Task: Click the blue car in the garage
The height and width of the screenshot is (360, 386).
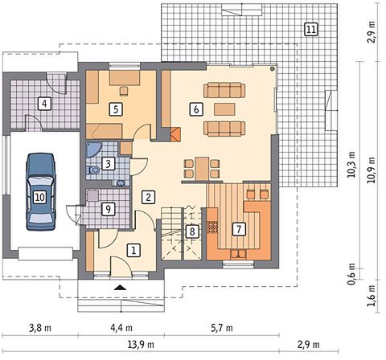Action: click(x=41, y=192)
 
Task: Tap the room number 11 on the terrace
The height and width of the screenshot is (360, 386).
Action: click(x=310, y=29)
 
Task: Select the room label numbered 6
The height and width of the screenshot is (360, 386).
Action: click(x=196, y=109)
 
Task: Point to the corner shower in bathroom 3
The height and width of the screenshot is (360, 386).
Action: click(x=92, y=149)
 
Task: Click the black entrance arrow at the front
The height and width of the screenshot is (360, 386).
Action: click(x=120, y=288)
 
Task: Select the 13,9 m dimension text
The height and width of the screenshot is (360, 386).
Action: click(x=142, y=344)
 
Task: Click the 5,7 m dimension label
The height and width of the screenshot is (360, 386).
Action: click(x=222, y=328)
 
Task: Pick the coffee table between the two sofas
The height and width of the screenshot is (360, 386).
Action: click(x=224, y=109)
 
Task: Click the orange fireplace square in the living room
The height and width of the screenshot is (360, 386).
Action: click(x=175, y=134)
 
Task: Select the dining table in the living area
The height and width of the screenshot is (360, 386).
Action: click(x=202, y=169)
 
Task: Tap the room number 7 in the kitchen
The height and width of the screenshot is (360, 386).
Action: click(x=239, y=229)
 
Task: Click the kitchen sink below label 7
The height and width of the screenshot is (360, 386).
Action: click(x=238, y=254)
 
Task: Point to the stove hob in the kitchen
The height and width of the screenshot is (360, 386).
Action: click(x=213, y=227)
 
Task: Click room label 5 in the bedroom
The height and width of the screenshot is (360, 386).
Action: click(x=116, y=109)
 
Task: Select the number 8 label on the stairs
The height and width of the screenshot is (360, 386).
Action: click(x=192, y=231)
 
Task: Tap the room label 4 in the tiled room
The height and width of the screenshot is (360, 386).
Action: click(x=44, y=104)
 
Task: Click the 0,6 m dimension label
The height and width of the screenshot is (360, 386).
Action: click(x=351, y=274)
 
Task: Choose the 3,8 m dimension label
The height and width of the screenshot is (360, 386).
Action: click(x=40, y=328)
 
